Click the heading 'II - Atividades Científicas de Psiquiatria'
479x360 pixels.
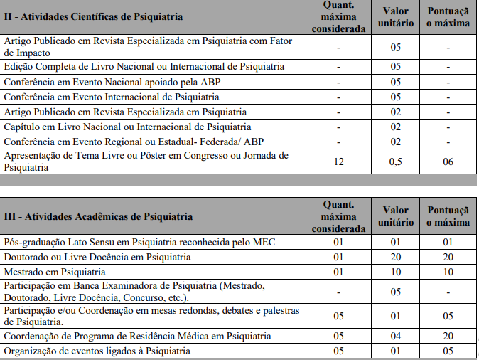pos(93,16)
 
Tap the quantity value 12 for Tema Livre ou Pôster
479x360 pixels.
pos(339,162)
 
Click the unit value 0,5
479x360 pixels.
pos(395,162)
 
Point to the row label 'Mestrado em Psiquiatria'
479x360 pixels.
pos(55,272)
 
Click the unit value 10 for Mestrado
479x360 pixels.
pos(395,272)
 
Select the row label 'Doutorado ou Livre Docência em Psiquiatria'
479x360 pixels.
pos(97,257)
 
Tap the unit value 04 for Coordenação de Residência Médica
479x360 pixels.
pos(395,336)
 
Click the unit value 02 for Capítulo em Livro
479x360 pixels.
pos(395,127)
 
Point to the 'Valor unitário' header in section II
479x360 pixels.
pos(395,16)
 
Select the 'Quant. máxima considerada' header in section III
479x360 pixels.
pos(339,216)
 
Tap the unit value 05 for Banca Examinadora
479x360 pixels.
pos(395,291)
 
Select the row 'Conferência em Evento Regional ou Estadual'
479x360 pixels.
pos(122,142)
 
